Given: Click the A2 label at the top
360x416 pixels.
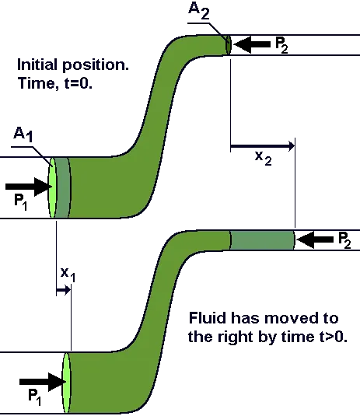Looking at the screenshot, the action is coord(199,11).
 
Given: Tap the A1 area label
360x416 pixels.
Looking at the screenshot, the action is coord(23,134).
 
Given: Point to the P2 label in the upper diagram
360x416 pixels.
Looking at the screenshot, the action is coord(281,45).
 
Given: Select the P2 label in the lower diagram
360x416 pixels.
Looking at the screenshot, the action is coord(345,240).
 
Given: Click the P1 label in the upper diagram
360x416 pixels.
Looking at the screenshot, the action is coord(21,203).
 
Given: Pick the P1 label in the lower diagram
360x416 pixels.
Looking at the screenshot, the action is coord(35,397).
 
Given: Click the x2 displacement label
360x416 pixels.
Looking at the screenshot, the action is coord(263,159).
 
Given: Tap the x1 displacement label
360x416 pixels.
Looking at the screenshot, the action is coord(68,275).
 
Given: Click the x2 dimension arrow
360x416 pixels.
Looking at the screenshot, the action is coord(262,145).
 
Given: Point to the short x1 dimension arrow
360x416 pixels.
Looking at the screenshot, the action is coord(64,290).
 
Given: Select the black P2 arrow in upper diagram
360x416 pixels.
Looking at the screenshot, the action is coord(252,44).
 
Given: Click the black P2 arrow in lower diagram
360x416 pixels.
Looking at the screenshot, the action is coord(315,239).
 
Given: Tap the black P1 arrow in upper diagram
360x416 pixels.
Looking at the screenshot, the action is coord(29,187).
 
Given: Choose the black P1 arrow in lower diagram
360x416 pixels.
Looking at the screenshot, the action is coord(43,382).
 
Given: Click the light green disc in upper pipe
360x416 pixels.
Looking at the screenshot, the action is coord(52,187).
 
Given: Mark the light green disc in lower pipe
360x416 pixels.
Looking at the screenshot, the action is coord(66,383).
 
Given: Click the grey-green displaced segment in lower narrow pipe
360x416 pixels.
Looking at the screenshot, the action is coord(262,240).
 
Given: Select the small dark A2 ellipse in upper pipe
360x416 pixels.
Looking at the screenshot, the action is coord(229,44).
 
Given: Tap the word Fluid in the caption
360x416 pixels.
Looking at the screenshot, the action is coord(208,317).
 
